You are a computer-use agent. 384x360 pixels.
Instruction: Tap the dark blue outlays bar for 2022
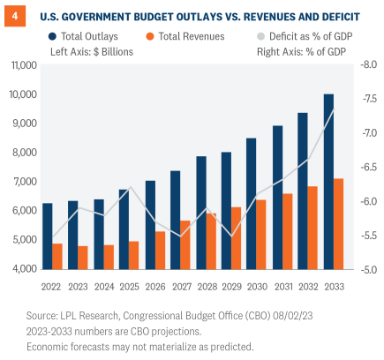click(47, 236)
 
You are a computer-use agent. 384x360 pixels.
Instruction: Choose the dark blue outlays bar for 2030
click(226, 203)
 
